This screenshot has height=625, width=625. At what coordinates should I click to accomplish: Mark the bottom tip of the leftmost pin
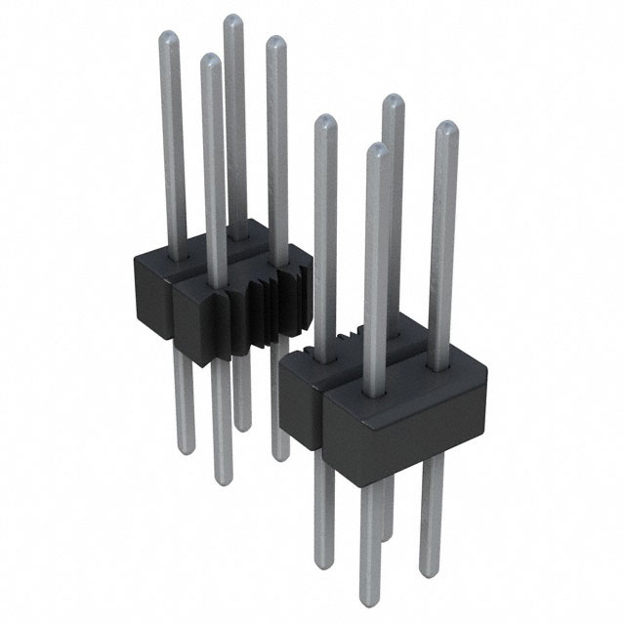(186, 450)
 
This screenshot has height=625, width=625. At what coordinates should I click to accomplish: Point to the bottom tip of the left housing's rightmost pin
(281, 457)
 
